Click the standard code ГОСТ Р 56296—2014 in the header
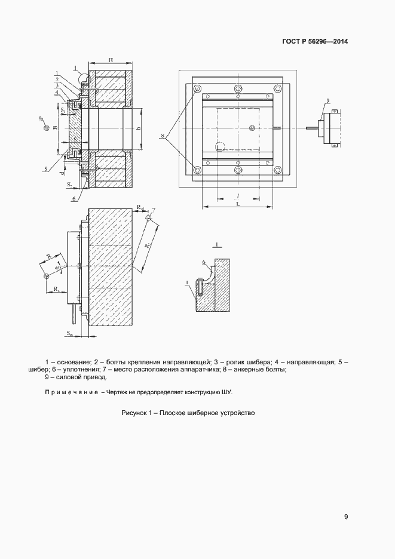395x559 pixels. pos(315,42)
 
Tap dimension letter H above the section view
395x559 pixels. pos(112,60)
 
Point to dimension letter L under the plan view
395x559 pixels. pos(238,204)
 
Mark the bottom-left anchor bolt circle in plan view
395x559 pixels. pos(198,170)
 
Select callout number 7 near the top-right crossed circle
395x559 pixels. pos(154,209)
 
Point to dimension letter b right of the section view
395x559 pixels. pos(138,128)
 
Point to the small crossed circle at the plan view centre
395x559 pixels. pos(252,128)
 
